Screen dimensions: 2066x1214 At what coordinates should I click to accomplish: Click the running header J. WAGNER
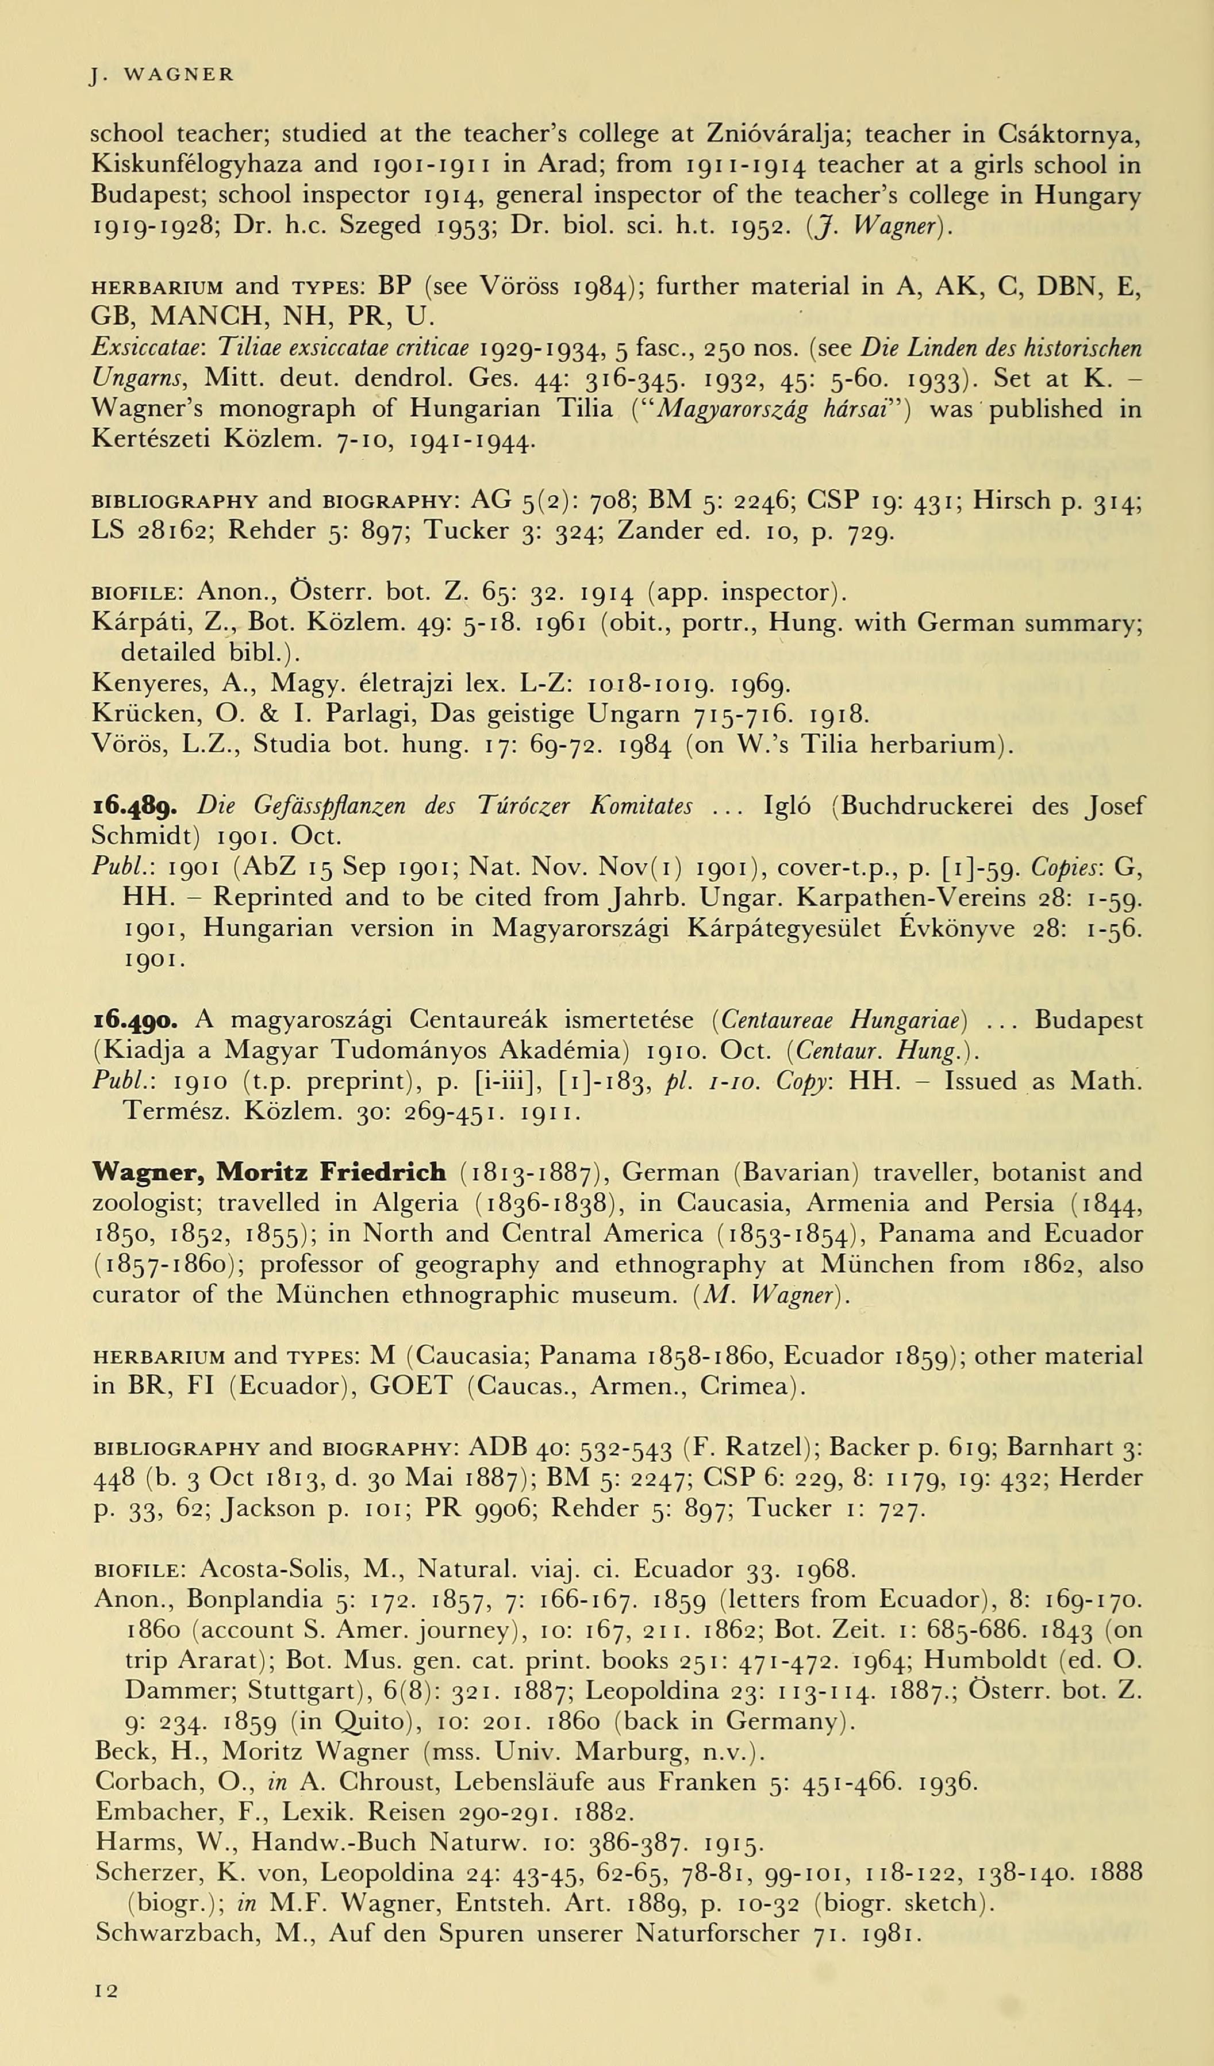(162, 75)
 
